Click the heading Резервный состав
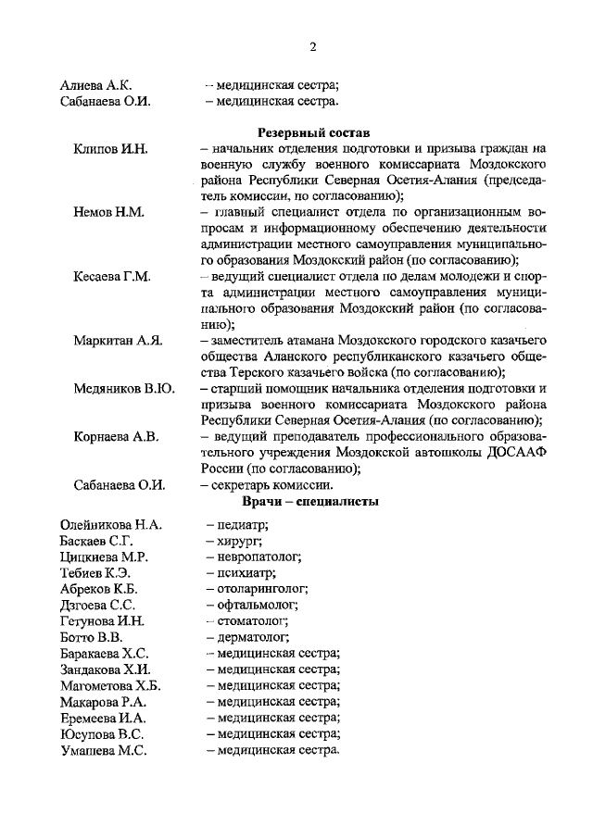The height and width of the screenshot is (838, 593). point(300,132)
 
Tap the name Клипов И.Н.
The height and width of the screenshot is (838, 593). point(111,149)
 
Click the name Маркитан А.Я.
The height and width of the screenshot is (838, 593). point(119,341)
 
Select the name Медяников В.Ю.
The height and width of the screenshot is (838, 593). point(124,389)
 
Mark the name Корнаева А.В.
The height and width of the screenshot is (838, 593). point(118,436)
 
